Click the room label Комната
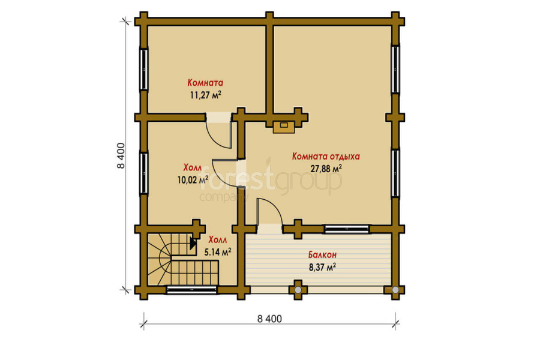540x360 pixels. (x=205, y=83)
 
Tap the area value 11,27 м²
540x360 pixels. (x=205, y=95)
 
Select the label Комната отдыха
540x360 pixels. (x=326, y=157)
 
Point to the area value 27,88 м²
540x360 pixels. (x=326, y=169)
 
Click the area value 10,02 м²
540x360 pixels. (x=193, y=180)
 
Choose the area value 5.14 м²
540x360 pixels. (x=218, y=252)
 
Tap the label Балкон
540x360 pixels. (x=322, y=255)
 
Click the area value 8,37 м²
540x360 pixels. (x=322, y=268)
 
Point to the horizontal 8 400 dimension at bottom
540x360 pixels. (x=269, y=319)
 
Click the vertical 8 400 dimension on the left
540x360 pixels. (x=121, y=155)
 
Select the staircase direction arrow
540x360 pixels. (x=193, y=244)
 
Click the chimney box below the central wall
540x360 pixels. (x=284, y=127)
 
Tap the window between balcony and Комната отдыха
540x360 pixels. (x=347, y=229)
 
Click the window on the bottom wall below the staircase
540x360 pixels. (x=192, y=290)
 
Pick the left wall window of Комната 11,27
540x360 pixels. (x=144, y=69)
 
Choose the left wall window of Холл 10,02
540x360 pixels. (x=144, y=173)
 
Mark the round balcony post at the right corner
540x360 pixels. (x=395, y=290)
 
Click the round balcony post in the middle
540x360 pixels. (x=298, y=290)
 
